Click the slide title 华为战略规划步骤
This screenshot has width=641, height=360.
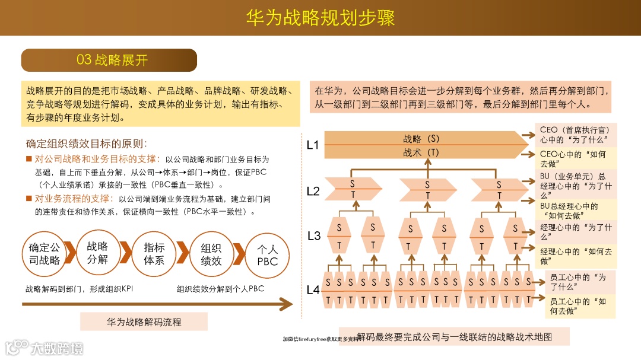point(320,17)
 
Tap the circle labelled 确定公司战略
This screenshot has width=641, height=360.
point(45,254)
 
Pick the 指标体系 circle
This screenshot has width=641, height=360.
point(154,254)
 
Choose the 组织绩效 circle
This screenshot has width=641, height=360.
point(211,254)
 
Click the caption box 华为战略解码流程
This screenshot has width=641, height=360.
point(144,322)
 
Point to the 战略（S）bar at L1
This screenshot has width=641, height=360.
point(421,139)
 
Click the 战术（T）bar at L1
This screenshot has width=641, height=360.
point(421,152)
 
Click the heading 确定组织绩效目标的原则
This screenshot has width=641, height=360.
point(86,144)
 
